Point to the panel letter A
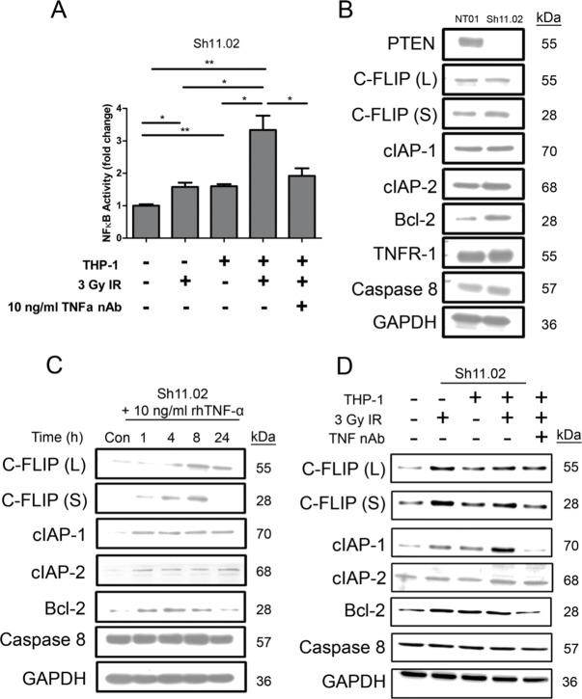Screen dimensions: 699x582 pos(59,13)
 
